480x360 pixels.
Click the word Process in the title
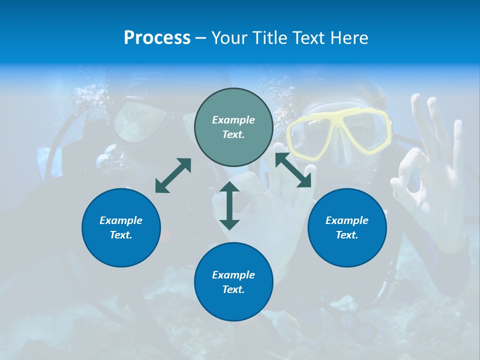pos(157,38)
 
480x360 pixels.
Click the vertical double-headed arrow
pos(229,205)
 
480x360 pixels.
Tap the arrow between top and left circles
pos(173,175)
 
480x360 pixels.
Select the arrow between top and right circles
pos(293,170)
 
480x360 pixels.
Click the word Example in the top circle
pos(233,120)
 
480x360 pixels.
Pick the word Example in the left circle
pos(121,220)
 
